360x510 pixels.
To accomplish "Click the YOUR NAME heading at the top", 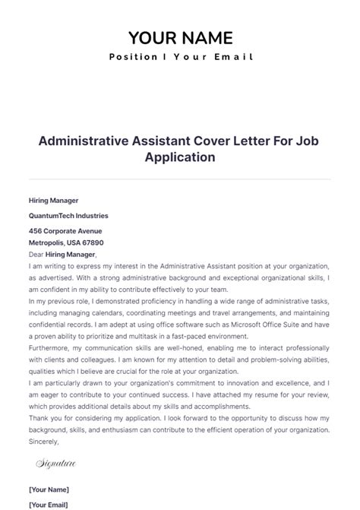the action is [180, 38].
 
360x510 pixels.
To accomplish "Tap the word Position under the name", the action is [134, 57].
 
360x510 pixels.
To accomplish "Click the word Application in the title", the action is [180, 157].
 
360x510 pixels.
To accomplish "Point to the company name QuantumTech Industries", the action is [68, 216].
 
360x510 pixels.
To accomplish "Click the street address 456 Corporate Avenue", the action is [65, 230].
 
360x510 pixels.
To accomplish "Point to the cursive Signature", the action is [55, 462].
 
